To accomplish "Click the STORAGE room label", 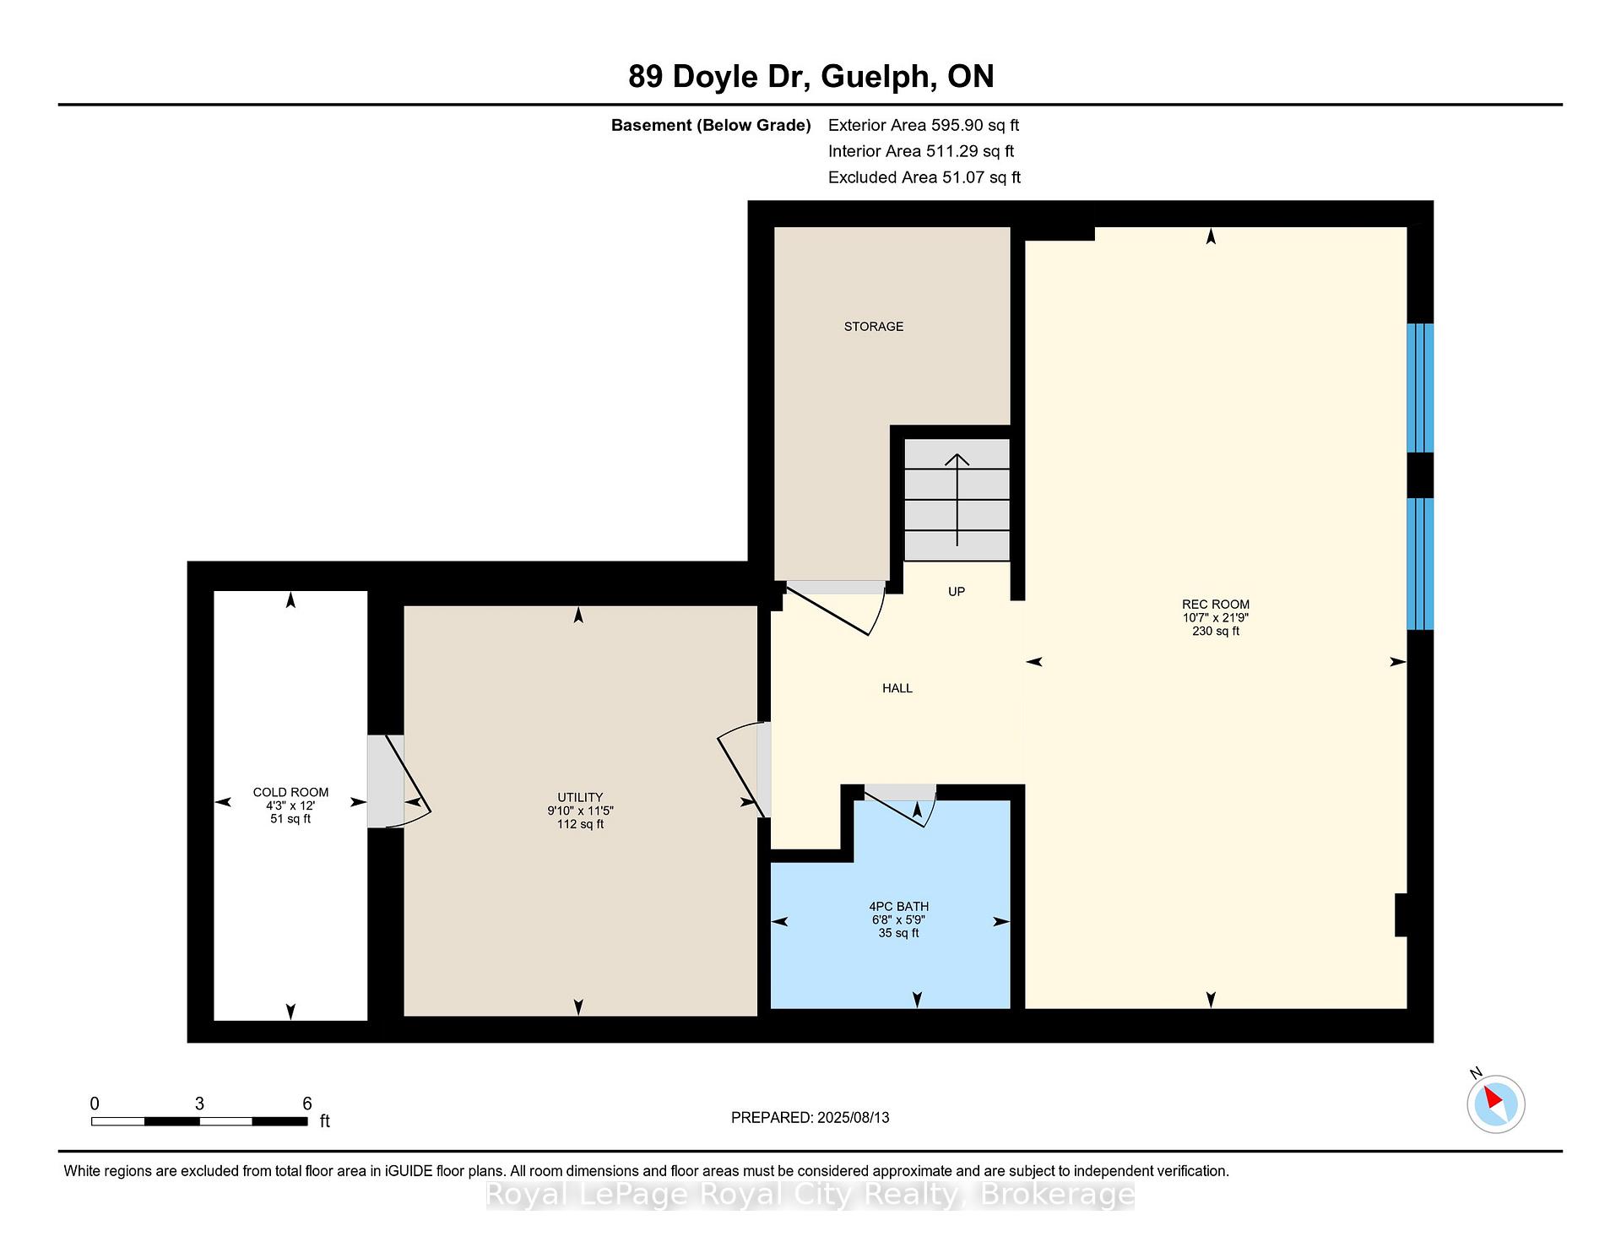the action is click(x=874, y=327).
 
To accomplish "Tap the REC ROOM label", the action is click(x=1216, y=605).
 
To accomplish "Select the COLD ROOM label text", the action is click(x=290, y=792).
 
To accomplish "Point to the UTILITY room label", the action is click(x=580, y=797).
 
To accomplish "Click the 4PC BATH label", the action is click(x=898, y=907).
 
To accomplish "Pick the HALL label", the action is click(x=897, y=688).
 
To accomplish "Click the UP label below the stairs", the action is click(x=957, y=592).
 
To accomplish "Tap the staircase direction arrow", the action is click(x=957, y=500).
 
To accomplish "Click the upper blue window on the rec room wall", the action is click(x=1420, y=388).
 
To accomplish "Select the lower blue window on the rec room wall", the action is click(x=1420, y=564).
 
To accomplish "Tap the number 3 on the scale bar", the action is click(x=199, y=1104).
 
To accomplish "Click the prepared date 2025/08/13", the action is click(x=854, y=1117).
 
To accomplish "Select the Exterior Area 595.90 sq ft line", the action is click(x=924, y=125).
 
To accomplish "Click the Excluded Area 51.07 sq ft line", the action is click(x=924, y=177).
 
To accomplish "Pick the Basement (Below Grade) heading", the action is click(x=711, y=125).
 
